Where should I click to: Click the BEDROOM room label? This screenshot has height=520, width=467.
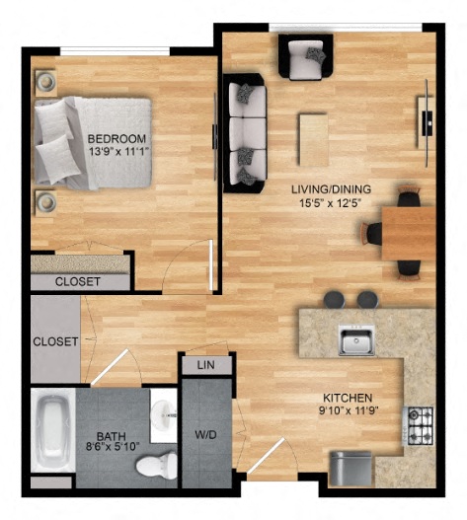coord(117,138)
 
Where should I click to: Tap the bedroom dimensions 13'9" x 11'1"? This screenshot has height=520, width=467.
coord(117,152)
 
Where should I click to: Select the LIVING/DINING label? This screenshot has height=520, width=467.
coord(331,188)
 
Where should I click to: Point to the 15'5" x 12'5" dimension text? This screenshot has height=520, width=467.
coord(331,203)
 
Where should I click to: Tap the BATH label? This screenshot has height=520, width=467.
coord(111,435)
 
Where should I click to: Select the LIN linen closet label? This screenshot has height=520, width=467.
coord(206,365)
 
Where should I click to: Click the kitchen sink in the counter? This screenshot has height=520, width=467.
coord(354,340)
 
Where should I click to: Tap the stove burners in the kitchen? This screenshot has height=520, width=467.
coord(420,424)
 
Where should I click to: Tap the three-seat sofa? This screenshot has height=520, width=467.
coord(245,132)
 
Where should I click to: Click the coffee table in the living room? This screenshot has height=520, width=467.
coord(313,139)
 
